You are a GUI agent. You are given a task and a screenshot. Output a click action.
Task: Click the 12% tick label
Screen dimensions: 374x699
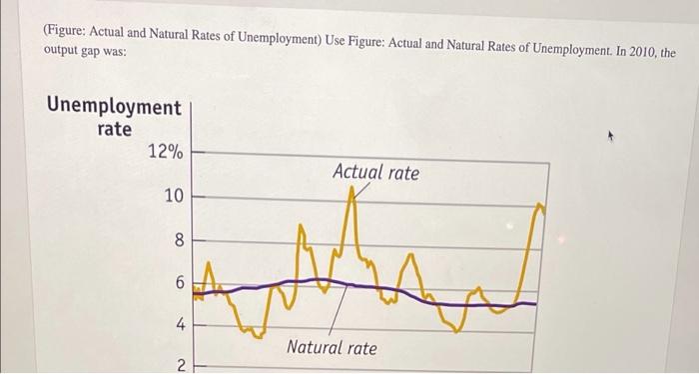click(165, 152)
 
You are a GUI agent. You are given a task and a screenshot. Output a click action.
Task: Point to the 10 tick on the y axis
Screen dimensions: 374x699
click(173, 196)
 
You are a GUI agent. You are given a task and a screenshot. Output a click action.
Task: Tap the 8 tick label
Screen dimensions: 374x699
click(179, 240)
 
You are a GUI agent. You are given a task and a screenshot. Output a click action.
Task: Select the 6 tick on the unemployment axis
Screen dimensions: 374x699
click(180, 284)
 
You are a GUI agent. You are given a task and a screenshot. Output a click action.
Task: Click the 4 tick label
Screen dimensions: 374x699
click(180, 325)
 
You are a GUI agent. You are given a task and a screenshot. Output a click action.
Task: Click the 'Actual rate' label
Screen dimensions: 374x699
click(375, 173)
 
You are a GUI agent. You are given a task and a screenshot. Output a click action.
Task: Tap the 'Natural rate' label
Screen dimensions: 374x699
click(332, 347)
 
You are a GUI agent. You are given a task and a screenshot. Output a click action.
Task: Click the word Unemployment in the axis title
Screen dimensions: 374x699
click(115, 107)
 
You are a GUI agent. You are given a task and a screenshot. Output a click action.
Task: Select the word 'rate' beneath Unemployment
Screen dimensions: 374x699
click(114, 129)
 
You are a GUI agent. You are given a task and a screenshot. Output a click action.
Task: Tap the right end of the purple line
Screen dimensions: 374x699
click(535, 303)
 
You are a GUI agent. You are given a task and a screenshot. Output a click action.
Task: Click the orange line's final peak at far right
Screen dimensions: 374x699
click(539, 206)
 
